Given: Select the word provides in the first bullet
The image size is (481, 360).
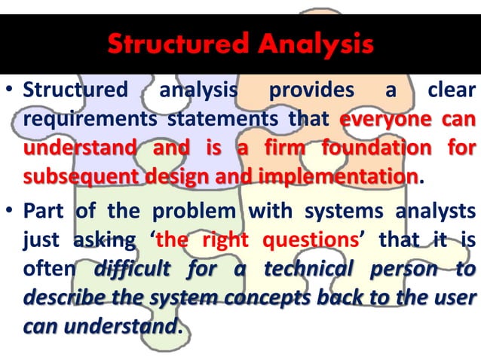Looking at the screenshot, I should click(x=311, y=91).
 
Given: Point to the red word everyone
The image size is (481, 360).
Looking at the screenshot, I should click(x=382, y=119).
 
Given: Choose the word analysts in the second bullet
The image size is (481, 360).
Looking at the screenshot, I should click(x=437, y=213).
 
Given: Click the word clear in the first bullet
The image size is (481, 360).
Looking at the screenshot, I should click(x=451, y=91).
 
